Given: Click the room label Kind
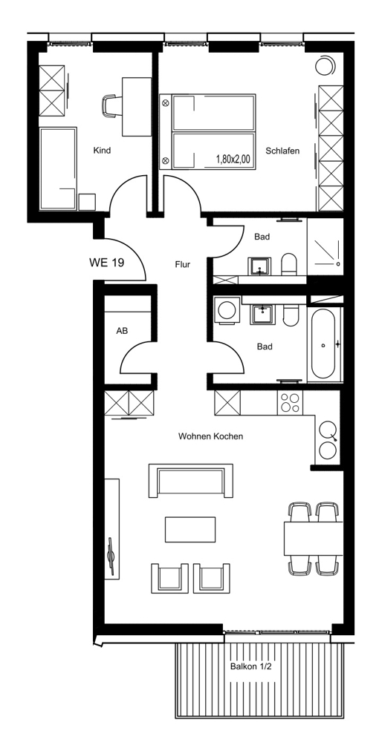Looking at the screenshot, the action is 102,151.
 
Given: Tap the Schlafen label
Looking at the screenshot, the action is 283,151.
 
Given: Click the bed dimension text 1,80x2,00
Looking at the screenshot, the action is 233,160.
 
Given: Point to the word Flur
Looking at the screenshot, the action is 182,265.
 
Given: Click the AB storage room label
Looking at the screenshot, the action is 122,331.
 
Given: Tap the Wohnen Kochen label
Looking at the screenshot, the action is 210,436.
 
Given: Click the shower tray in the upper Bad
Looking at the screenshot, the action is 325,246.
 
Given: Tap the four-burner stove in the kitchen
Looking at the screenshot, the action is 290,403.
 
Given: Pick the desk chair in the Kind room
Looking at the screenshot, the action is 111,106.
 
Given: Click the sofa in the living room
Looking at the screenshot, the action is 191,481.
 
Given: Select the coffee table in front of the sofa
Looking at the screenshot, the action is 190,529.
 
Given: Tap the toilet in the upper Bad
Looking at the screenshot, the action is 288,265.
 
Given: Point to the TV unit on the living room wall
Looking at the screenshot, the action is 111,528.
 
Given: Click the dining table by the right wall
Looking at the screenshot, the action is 313,538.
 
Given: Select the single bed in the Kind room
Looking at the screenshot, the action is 58,168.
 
